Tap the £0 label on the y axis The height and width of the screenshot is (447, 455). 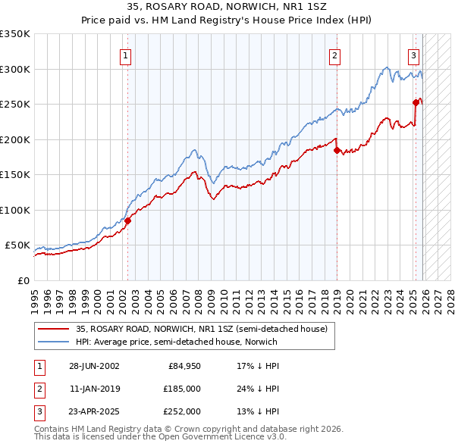23,280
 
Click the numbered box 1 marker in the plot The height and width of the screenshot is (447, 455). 125,55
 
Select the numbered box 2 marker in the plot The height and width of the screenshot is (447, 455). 334,55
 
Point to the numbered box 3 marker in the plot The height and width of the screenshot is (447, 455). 413,55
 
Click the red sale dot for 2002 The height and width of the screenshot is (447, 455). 128,220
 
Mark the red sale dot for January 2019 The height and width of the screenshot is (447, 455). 337,150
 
